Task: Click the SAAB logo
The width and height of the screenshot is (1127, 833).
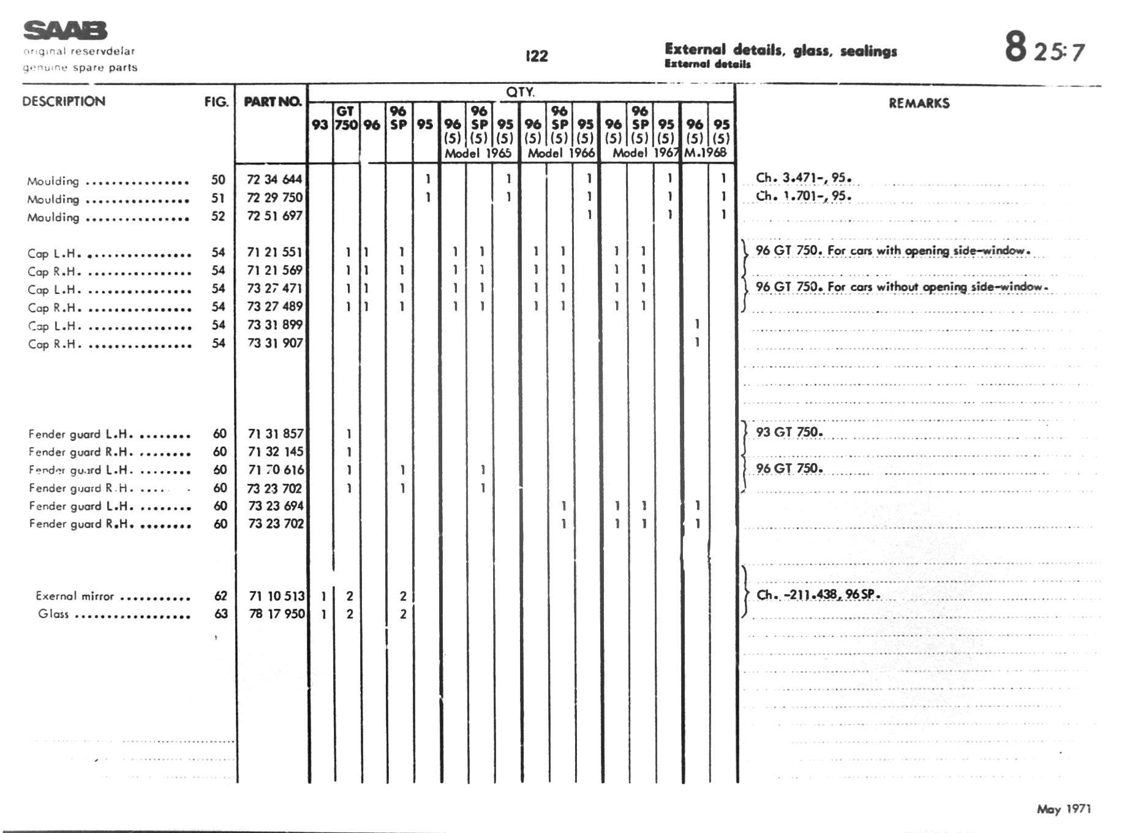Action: coord(65,30)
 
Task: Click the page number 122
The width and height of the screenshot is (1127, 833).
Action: coord(537,56)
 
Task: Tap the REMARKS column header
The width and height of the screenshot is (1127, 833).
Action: coord(919,104)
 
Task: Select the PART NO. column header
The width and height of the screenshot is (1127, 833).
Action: coord(273,102)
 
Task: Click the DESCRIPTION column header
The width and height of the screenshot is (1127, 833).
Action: coord(64,102)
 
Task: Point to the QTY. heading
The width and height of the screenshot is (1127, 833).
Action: coord(520,92)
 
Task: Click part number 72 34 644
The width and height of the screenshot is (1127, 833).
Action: coord(274,179)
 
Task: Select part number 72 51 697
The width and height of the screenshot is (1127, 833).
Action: coord(274,216)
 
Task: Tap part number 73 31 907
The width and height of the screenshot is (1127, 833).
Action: coord(275,343)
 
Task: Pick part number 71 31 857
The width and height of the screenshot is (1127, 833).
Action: coord(276,434)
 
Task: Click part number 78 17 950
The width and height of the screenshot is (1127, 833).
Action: coord(277,614)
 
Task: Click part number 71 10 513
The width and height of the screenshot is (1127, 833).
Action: coord(277,596)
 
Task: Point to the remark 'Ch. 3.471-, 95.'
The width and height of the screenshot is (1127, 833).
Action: coord(803,178)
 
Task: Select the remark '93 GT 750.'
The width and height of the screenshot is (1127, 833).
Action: coord(789,432)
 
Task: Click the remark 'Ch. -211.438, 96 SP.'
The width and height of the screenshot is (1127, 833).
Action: coord(818,595)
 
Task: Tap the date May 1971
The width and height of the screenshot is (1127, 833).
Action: coord(1063,809)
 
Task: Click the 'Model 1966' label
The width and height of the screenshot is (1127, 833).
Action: coord(561,153)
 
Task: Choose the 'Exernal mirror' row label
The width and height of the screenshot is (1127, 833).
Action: coord(75,596)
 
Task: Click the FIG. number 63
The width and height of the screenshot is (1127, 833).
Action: coord(221,614)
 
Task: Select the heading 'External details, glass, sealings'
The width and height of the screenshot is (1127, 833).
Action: coord(780,51)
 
